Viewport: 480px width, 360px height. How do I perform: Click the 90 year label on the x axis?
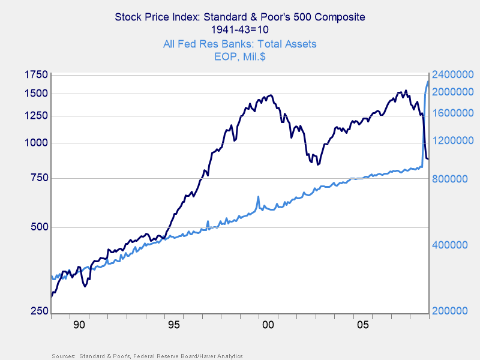click(79, 325)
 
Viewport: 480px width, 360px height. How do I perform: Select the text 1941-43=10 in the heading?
click(239, 30)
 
